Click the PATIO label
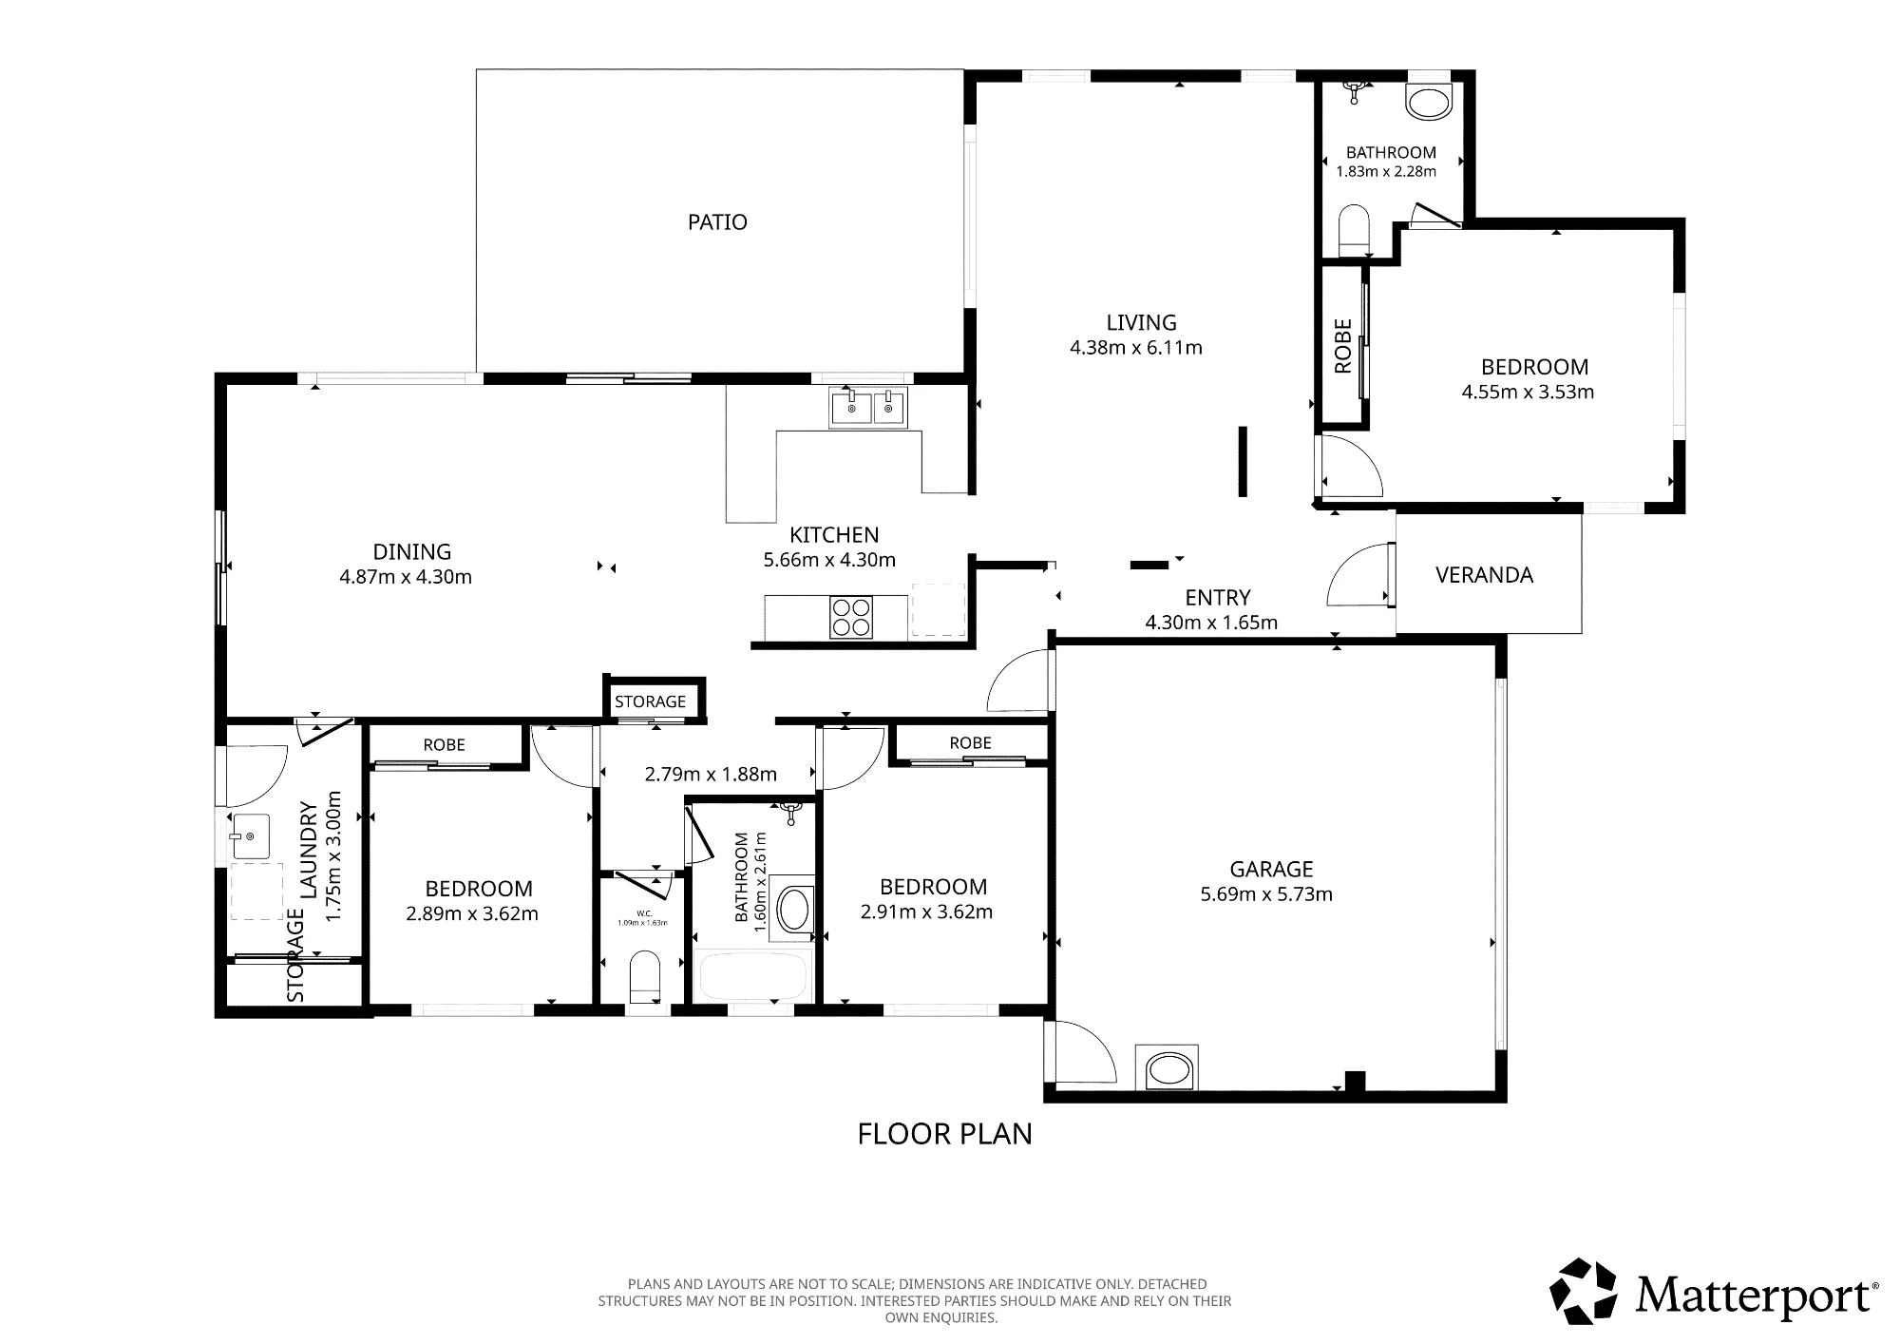[x=717, y=222]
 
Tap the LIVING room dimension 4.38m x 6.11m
[x=1136, y=348]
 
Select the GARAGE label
[x=1271, y=869]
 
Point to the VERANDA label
[x=1484, y=575]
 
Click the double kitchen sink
[x=868, y=408]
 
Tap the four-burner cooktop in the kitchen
[x=851, y=616]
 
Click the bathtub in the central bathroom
[x=752, y=975]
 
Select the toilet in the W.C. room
[x=644, y=975]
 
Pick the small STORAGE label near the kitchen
[x=650, y=701]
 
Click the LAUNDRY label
[x=309, y=849]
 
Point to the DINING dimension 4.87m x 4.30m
[x=406, y=577]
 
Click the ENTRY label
[x=1218, y=598]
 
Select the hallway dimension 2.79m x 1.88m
[x=711, y=774]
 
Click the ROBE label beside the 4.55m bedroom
[x=1342, y=346]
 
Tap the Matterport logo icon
[x=1584, y=1291]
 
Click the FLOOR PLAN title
[x=944, y=1134]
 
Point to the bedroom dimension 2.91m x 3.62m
[x=926, y=912]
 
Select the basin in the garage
[x=1168, y=1069]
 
